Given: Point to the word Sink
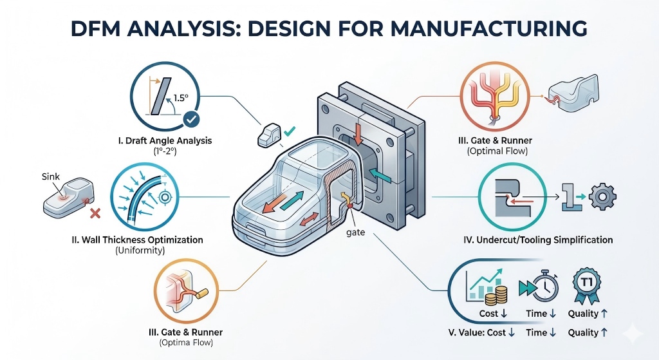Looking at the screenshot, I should coord(51,175).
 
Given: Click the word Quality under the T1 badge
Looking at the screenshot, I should coord(583,314).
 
